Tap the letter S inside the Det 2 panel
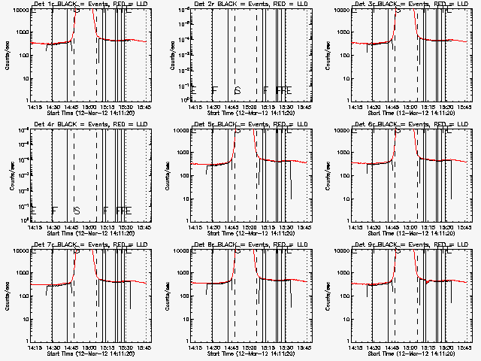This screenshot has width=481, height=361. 237,91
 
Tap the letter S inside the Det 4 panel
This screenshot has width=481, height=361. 76,211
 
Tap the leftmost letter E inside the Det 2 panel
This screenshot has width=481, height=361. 195,91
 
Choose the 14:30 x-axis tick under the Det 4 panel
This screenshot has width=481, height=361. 51,227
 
